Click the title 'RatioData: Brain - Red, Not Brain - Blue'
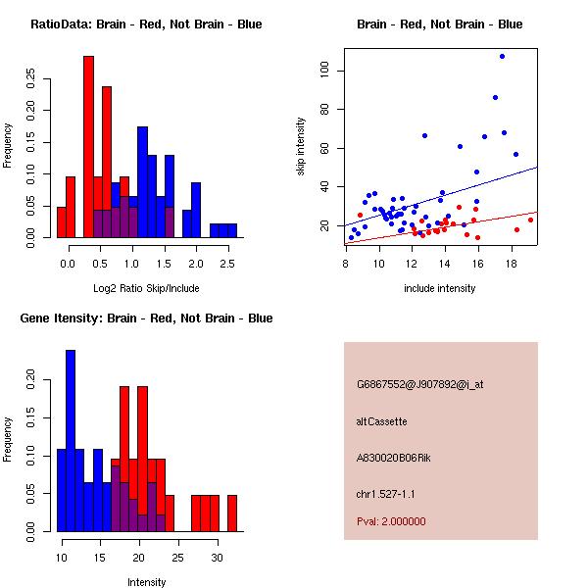tap(146, 24)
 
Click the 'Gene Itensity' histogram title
tap(146, 318)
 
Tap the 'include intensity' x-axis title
tap(440, 288)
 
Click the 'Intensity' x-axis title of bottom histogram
tap(147, 582)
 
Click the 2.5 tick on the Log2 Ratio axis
tap(227, 265)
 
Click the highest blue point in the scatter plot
tap(503, 57)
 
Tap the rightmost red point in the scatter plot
tap(530, 220)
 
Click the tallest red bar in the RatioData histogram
tap(88, 147)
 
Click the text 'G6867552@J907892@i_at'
tap(419, 384)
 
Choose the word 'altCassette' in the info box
tap(382, 421)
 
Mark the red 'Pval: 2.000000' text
tap(391, 521)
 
